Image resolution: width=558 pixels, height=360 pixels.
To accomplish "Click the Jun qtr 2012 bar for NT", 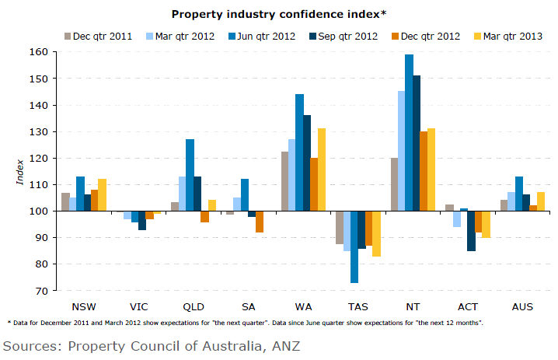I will coord(409,132).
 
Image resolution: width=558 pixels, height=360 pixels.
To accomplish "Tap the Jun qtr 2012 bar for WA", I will coord(299,152).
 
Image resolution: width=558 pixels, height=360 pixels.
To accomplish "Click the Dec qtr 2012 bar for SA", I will coord(259,222).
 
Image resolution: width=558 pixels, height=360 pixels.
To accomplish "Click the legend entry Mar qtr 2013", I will coord(512,36).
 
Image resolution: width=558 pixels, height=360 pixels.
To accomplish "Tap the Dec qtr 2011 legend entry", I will coord(97,36).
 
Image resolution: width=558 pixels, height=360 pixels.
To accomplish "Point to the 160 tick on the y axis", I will coord(39,52).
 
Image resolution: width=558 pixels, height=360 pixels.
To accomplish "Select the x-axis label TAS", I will coord(357,306).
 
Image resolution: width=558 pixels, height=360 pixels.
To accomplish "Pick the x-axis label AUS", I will coord(521,306).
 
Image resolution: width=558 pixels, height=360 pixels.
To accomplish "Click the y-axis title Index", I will coord(20,171).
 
